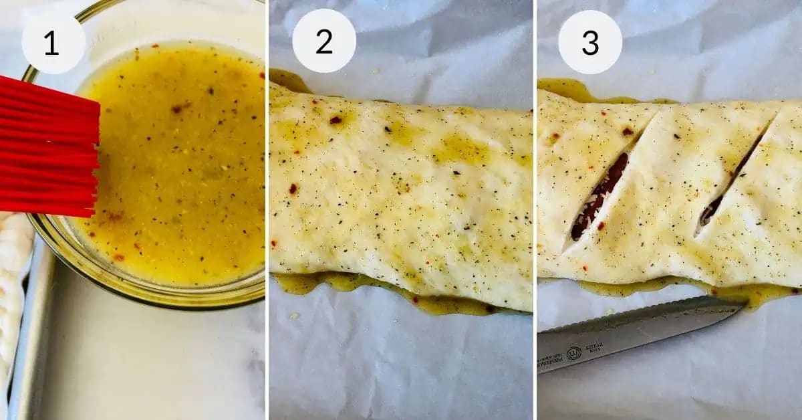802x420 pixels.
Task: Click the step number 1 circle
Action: coord(53,42)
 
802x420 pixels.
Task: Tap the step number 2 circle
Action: coord(323,42)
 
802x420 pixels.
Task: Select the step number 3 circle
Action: coord(589,42)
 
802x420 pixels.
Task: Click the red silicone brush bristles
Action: coord(47,147)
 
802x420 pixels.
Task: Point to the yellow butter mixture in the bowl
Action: coord(180,167)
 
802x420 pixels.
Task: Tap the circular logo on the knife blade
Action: coord(573,352)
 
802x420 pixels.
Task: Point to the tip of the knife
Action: coord(743,302)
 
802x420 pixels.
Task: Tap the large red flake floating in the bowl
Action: coord(179,107)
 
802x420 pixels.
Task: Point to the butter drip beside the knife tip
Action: coord(762,294)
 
